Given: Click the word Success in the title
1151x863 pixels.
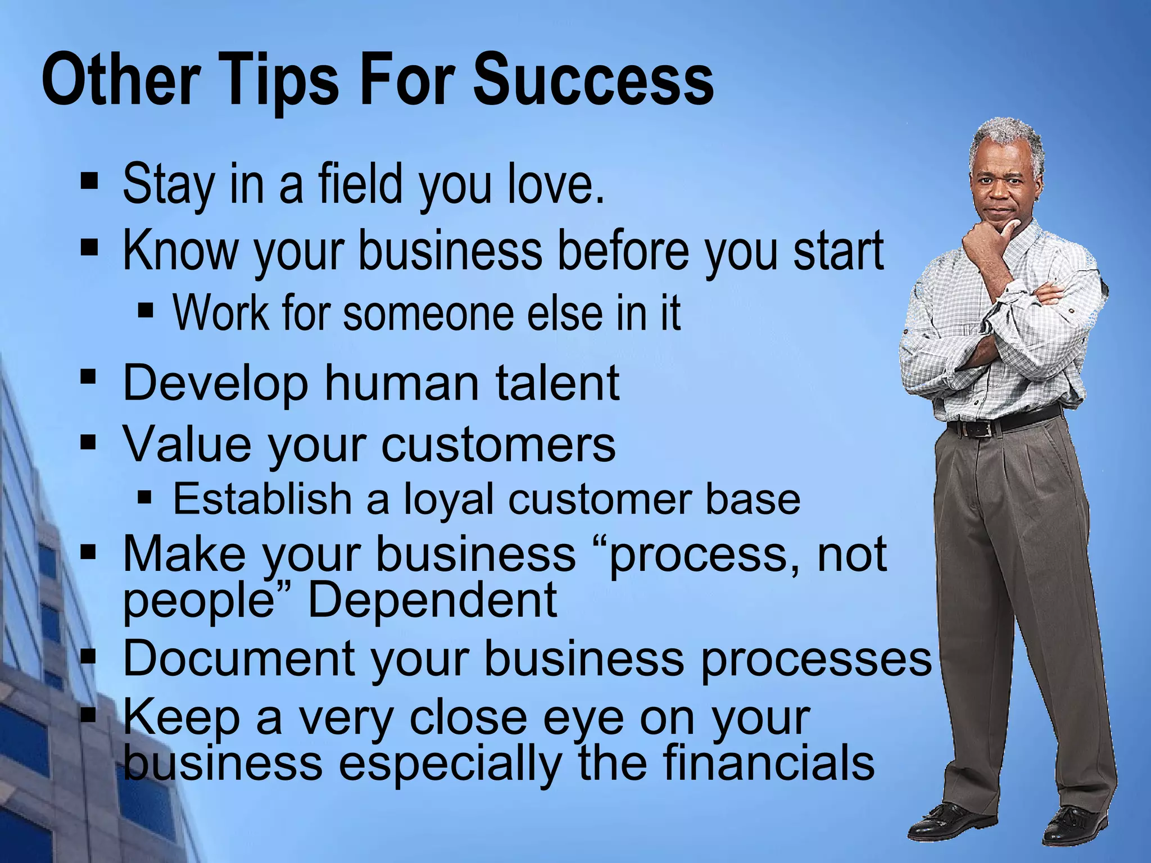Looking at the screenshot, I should tap(593, 79).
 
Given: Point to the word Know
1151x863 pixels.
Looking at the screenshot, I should tap(180, 251).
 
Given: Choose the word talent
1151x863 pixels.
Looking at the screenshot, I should tap(556, 383).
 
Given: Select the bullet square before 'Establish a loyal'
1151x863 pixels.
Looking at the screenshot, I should tap(145, 497).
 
